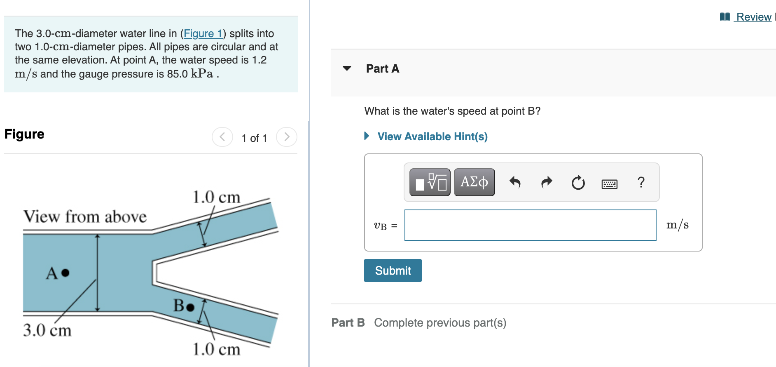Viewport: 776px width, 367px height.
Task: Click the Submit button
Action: (x=393, y=271)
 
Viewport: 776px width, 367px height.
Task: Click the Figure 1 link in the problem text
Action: (x=203, y=33)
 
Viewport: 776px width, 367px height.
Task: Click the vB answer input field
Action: (x=530, y=225)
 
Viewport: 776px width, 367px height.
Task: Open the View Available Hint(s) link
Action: (x=432, y=136)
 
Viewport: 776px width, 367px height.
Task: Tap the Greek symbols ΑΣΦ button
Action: (x=474, y=182)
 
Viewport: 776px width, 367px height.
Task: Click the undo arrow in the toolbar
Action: (x=515, y=182)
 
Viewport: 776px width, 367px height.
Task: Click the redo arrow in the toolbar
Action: (x=547, y=182)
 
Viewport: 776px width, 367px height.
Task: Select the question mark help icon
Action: (x=641, y=182)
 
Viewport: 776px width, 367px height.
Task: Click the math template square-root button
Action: (x=430, y=182)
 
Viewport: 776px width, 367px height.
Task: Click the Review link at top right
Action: (x=753, y=17)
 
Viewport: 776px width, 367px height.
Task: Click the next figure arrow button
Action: (x=287, y=137)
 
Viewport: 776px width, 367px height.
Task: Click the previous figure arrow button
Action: (x=222, y=137)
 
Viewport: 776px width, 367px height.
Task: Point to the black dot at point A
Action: (x=65, y=273)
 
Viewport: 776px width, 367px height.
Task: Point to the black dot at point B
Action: (x=190, y=307)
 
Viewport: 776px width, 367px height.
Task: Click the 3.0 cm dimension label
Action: (x=47, y=330)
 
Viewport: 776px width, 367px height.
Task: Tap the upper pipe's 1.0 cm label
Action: (x=217, y=197)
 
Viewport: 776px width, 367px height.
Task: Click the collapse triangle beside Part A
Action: (x=347, y=68)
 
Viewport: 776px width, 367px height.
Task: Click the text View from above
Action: (x=85, y=216)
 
